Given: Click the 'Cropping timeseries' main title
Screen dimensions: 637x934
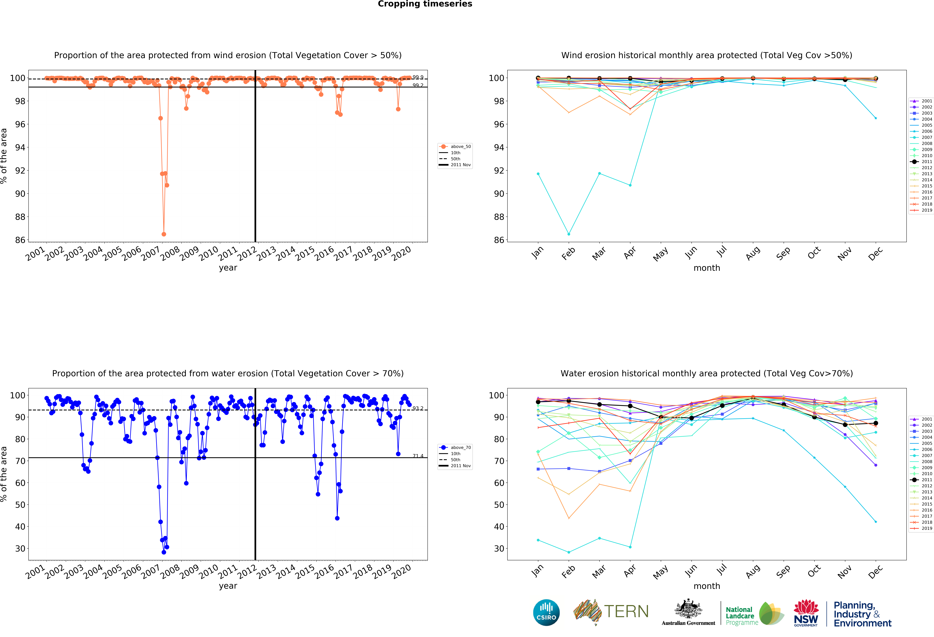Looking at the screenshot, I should (x=425, y=4).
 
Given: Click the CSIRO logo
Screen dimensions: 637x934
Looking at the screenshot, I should (x=546, y=612).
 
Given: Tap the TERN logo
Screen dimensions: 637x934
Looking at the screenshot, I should (x=611, y=612).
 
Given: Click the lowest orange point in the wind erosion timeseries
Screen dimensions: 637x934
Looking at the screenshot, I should (x=164, y=234).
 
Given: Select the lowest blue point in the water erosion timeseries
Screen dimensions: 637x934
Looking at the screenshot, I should (x=164, y=552).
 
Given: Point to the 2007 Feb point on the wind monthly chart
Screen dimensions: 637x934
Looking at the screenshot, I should (x=569, y=234).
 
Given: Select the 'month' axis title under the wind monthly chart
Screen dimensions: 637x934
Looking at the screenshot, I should (x=707, y=268).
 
